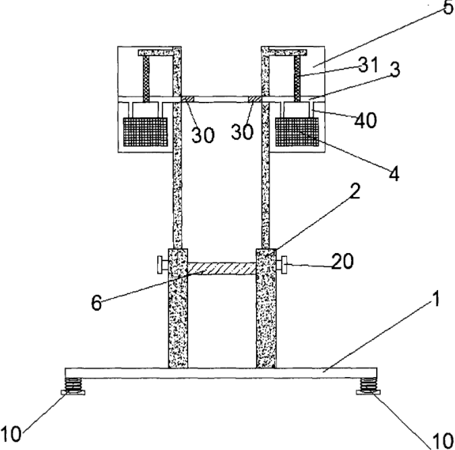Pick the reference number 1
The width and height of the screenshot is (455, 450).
pyautogui.click(x=439, y=300)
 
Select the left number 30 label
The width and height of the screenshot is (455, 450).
pyautogui.click(x=202, y=134)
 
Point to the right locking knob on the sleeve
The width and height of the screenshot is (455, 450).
pyautogui.click(x=282, y=263)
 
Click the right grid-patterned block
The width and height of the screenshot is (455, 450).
pyautogui.click(x=297, y=132)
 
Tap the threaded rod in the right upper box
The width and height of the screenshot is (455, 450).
pyautogui.click(x=296, y=74)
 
